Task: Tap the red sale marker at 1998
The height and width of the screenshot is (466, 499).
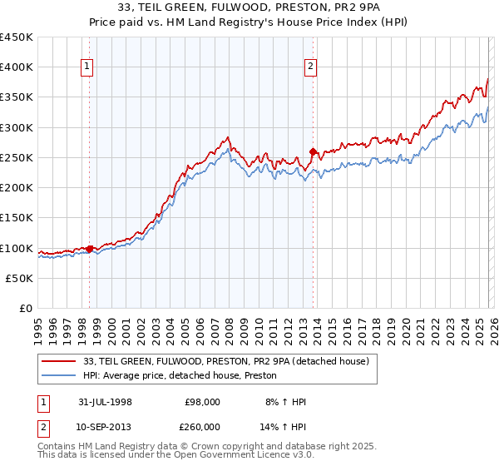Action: (x=90, y=248)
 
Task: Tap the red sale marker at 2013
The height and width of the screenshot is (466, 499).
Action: (x=313, y=151)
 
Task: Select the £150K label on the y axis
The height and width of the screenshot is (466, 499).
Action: (x=17, y=218)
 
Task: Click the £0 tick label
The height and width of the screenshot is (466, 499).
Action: (x=26, y=309)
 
